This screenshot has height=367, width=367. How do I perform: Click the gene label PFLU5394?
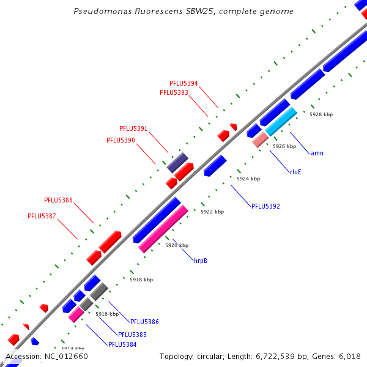pos(183,83)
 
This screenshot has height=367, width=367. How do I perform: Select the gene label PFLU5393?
pos(174,92)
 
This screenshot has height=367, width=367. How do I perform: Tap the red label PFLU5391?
pos(133,129)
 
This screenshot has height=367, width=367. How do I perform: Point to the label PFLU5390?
pos(120,140)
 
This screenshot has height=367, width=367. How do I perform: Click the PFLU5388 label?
pos(58,200)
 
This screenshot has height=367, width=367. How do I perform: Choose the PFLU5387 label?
pos(42,216)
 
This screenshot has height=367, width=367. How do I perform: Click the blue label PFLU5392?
pos(265,206)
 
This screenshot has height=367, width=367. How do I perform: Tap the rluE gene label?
pos(295,172)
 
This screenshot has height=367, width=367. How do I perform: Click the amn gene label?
pos(317,153)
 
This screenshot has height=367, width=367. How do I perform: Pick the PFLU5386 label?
pos(144,322)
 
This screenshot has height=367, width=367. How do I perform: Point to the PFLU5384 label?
pos(122,344)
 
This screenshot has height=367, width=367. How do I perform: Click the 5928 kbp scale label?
pos(321,114)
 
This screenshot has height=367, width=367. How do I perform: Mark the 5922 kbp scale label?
pos(212,212)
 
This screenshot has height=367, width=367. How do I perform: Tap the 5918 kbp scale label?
pos(141,279)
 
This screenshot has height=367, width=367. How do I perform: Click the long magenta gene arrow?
pos(163,229)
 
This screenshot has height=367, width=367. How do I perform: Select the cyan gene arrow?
pos(281,122)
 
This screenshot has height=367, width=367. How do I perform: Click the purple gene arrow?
pos(177,162)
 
